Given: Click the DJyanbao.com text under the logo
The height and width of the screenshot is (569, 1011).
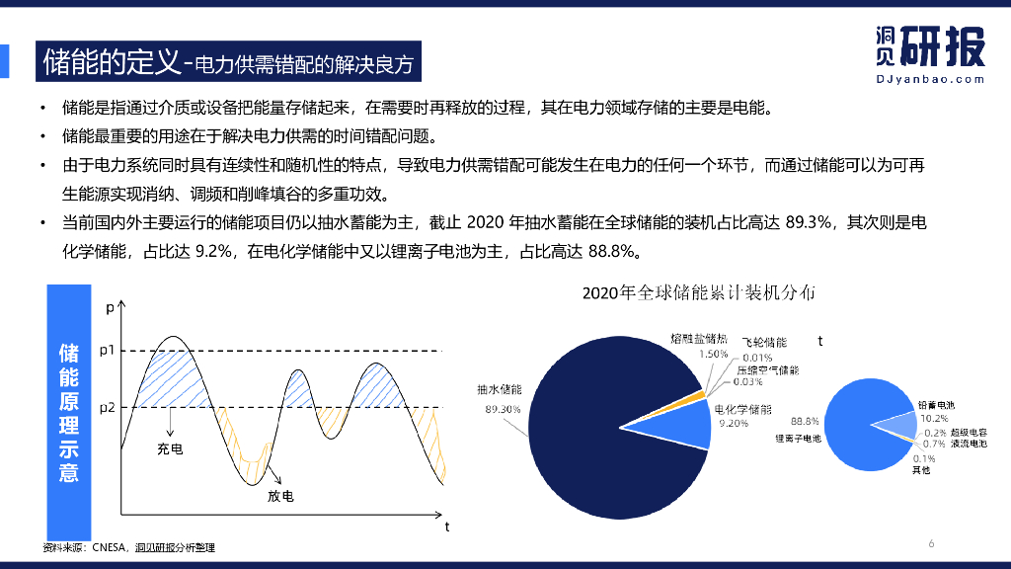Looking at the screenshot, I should tap(930, 79).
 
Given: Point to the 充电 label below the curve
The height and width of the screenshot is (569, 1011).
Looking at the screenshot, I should tap(170, 449).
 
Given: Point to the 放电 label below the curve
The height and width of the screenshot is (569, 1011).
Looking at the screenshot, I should tap(280, 496).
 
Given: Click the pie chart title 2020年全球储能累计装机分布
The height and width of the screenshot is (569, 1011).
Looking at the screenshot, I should tap(698, 292).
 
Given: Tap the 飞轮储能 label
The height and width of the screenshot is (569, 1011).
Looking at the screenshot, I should tap(764, 342).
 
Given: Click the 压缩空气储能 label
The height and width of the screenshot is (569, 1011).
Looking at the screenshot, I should tap(767, 369).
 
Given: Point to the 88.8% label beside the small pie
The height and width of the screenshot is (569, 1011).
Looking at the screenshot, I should tap(806, 421).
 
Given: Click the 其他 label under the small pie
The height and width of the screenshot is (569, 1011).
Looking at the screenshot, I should tap(921, 470).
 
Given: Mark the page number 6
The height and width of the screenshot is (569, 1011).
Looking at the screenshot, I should tap(931, 543).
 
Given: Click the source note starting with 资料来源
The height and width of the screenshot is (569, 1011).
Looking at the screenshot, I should tap(128, 547).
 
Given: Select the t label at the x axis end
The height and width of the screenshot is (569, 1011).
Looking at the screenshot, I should tap(446, 527).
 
